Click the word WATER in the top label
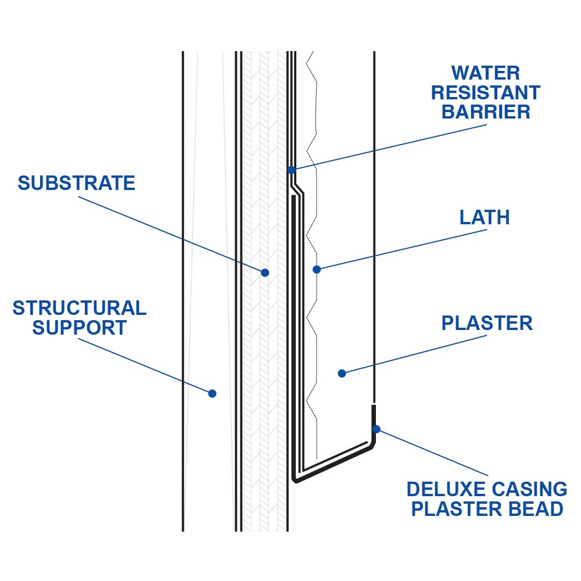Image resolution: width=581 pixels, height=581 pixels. point(486,73)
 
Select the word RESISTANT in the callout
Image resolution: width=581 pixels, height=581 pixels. point(486,92)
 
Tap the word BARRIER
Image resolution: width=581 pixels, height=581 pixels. point(486,112)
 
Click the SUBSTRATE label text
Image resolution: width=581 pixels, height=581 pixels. point(76,183)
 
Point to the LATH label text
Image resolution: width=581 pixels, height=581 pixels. point(485,218)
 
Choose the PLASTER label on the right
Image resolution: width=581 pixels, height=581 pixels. point(487,323)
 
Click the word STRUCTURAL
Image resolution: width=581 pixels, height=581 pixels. point(79,308)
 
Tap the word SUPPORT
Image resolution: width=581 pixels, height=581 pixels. point(79,328)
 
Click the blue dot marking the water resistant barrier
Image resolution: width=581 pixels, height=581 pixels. point(292,170)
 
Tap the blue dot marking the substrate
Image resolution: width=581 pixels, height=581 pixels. point(265,272)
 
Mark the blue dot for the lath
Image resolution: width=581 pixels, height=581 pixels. point(317,270)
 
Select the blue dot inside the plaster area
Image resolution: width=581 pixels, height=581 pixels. point(342,374)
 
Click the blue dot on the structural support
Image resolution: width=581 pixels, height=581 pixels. point(212,393)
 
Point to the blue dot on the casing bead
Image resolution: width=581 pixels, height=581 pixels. point(376,429)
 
